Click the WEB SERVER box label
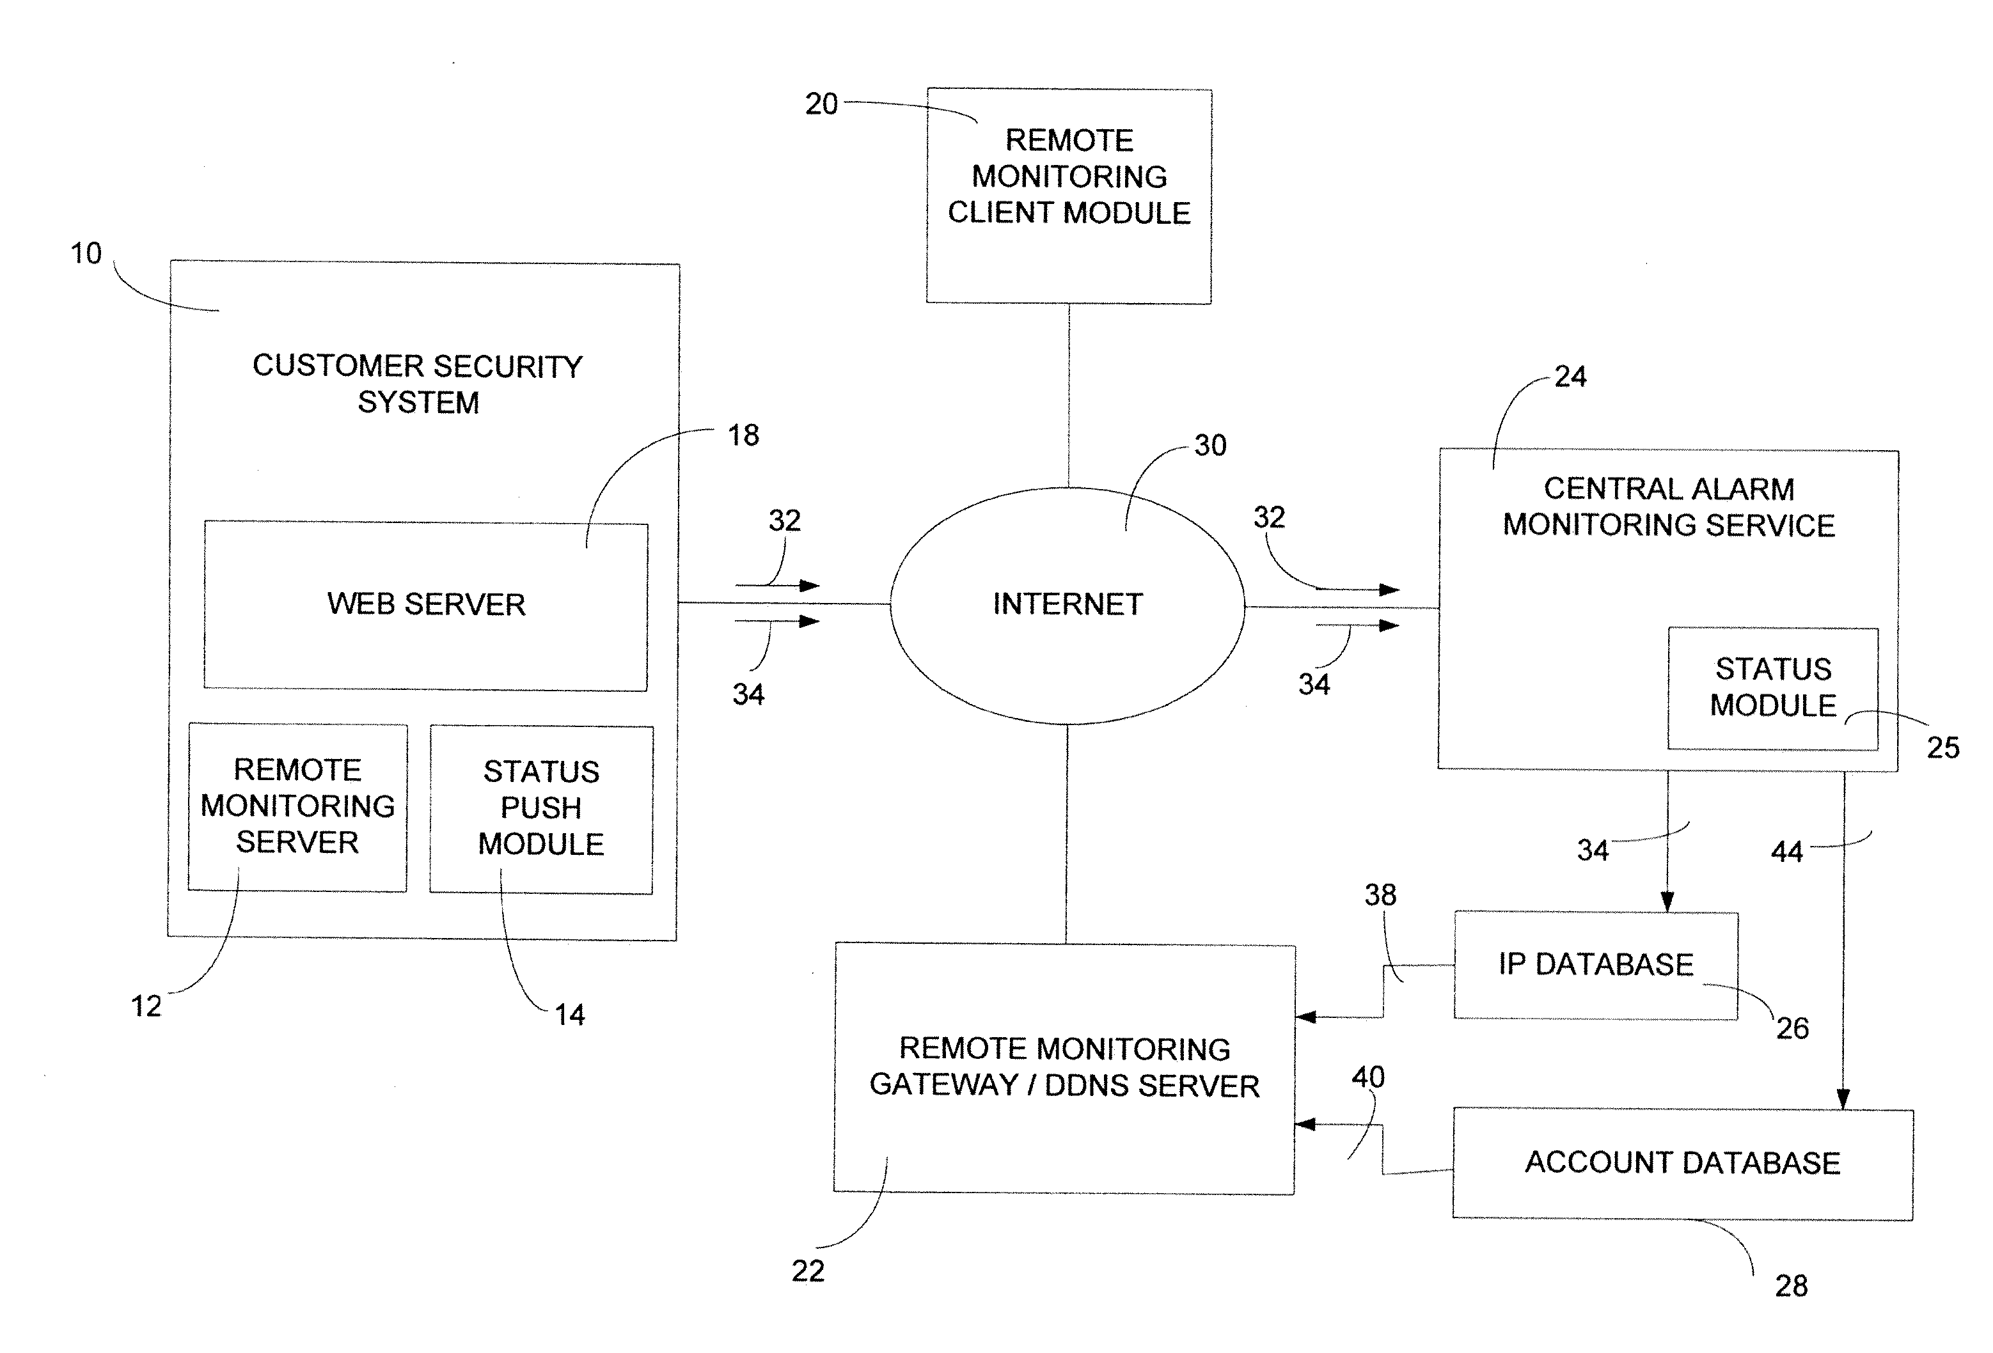click(x=426, y=604)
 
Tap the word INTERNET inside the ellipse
click(x=1067, y=604)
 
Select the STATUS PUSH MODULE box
click(x=541, y=809)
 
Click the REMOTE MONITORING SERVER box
click(x=297, y=807)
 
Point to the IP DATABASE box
click(x=1596, y=966)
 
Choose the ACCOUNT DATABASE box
click(x=1683, y=1164)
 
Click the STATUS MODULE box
click(x=1772, y=689)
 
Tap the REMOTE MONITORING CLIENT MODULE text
click(x=1069, y=176)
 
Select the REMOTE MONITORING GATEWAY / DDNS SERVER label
click(x=1064, y=1067)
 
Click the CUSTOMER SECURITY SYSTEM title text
click(x=418, y=384)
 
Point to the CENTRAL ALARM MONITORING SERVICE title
click(x=1669, y=506)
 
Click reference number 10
click(x=86, y=253)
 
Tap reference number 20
click(x=821, y=104)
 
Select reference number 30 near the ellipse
click(x=1210, y=445)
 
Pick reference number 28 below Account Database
click(x=1791, y=1285)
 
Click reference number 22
click(x=808, y=1270)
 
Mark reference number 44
click(x=1787, y=852)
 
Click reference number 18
click(x=743, y=435)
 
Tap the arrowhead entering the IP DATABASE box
click(x=1667, y=902)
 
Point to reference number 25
click(x=1942, y=747)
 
